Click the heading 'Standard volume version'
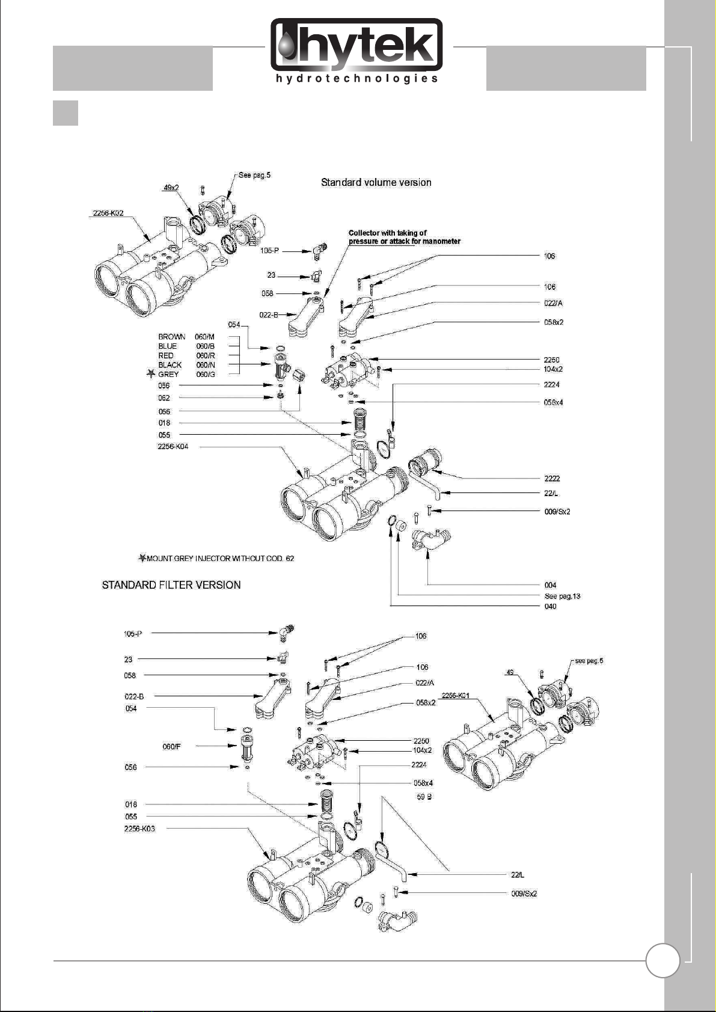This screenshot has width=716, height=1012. [x=376, y=182]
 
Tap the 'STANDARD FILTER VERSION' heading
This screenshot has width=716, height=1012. [x=171, y=585]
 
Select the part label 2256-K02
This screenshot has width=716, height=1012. [x=108, y=213]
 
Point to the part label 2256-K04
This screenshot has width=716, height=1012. [x=173, y=447]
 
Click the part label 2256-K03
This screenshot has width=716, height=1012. [x=139, y=829]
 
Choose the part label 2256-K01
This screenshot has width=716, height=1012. [x=455, y=696]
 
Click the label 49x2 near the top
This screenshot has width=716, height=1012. [x=171, y=188]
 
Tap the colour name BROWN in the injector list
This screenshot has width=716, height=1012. [x=171, y=337]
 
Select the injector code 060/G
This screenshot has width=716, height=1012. [x=206, y=375]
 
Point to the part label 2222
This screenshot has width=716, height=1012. [x=552, y=479]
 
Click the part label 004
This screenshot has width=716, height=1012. [x=550, y=585]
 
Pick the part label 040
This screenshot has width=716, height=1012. [x=550, y=607]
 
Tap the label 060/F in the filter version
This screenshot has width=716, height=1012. [x=171, y=747]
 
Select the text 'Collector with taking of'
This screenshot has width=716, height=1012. [x=388, y=233]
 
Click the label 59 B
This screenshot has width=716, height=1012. [x=424, y=797]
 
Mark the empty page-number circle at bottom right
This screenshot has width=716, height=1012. [x=662, y=961]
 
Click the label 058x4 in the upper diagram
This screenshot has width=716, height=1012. [x=553, y=402]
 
